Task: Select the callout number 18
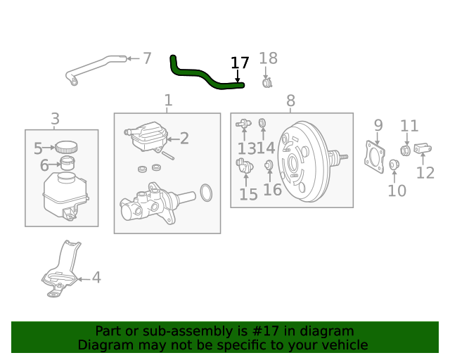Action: (269, 59)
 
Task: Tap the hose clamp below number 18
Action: (267, 84)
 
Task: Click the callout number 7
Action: (146, 58)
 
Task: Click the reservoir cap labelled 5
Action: (67, 147)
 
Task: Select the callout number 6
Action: (44, 166)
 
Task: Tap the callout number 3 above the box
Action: (55, 119)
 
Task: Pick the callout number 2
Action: (184, 139)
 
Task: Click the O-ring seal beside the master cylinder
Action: (206, 192)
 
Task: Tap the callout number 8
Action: (291, 102)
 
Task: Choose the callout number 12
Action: (425, 172)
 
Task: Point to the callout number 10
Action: (397, 190)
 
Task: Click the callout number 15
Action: (249, 194)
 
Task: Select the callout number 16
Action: (272, 189)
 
